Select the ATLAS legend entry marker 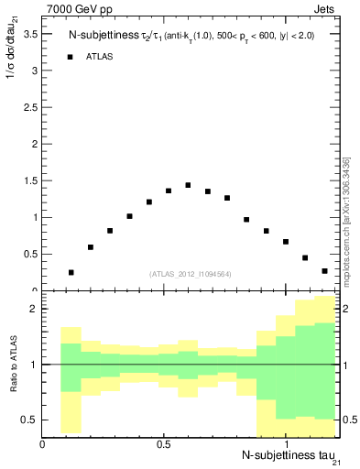coord(71,57)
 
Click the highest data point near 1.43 coord(188,185)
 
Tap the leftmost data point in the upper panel coord(71,272)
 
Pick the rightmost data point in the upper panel coord(324,271)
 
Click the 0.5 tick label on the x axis coord(163,444)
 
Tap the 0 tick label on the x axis coord(43,444)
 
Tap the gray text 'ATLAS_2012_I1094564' coord(191,273)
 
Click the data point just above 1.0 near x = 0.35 coord(129,216)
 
